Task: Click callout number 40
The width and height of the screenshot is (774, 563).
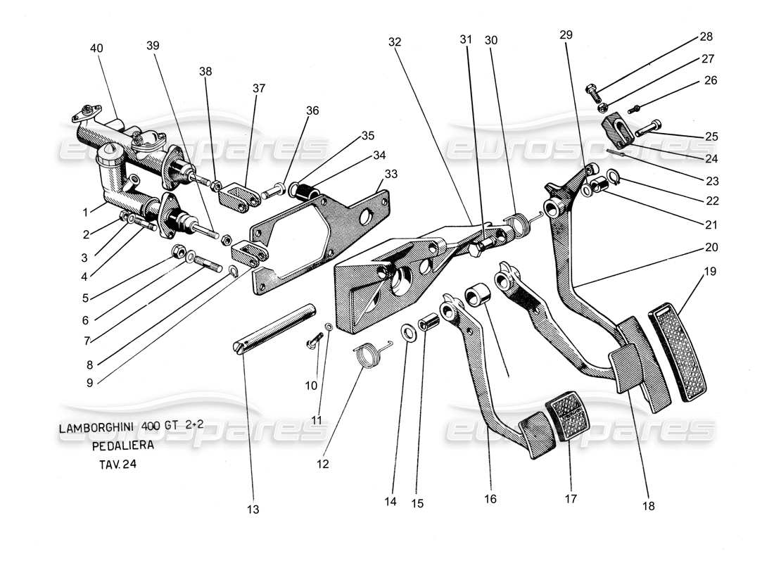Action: (96, 49)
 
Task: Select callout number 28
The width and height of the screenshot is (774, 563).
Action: (706, 37)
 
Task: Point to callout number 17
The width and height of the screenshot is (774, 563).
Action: (570, 499)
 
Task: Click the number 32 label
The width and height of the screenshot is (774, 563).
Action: (394, 42)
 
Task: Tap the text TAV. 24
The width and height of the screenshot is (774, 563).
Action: (113, 464)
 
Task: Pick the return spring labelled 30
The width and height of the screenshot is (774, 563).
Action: (521, 223)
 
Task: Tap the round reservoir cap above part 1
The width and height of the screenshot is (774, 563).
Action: (110, 152)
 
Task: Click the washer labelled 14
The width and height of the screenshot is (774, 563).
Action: (407, 331)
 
